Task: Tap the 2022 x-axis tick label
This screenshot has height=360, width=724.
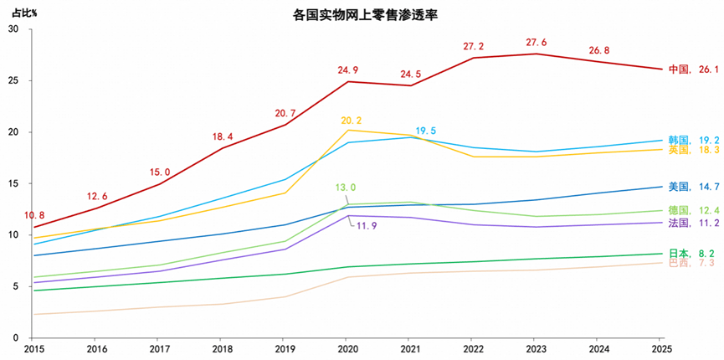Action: pos(473,347)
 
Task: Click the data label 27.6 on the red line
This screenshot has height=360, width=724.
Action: pos(537,42)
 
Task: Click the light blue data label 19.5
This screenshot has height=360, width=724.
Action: pos(424,131)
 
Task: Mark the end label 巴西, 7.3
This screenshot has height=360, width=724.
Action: pos(691,264)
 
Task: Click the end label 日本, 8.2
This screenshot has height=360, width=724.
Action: pos(691,253)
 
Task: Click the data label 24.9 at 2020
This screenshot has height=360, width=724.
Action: pos(348,69)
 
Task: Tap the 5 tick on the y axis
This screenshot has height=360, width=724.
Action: pos(16,286)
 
